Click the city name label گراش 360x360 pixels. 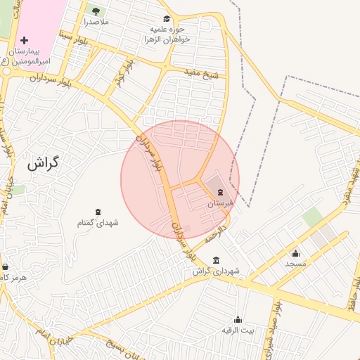coord(42,163)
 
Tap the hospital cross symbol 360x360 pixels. coord(25,41)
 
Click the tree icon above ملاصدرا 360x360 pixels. coord(96,11)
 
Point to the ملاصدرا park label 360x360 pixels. coord(96,22)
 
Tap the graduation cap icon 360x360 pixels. coord(167,19)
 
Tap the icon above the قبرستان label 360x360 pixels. coord(221,192)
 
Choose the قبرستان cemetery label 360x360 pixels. coord(219,203)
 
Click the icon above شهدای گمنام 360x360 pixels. coord(98,212)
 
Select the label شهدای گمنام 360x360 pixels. coord(98,223)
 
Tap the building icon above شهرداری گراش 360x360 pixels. coord(215,259)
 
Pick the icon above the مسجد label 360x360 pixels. coord(295,253)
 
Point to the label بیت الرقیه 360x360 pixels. coord(238,330)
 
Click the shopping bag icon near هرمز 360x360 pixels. coord(6,266)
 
